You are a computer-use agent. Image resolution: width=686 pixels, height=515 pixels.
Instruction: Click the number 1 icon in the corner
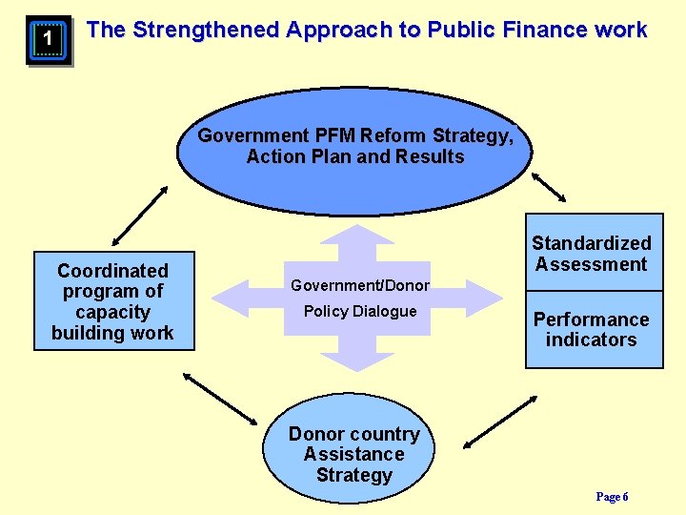click(48, 42)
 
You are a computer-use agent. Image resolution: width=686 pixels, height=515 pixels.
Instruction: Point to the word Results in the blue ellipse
click(429, 156)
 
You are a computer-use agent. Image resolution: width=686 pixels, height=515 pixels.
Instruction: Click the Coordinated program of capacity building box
click(113, 301)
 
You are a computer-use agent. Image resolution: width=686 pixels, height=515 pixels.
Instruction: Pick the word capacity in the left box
click(112, 312)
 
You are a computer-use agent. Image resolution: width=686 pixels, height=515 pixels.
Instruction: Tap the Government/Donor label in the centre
click(360, 285)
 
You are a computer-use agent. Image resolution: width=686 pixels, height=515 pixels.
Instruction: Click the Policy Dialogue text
click(360, 311)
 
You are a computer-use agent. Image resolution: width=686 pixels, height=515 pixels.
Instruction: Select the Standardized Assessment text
click(592, 254)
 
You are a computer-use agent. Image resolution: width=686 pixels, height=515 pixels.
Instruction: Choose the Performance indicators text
click(591, 329)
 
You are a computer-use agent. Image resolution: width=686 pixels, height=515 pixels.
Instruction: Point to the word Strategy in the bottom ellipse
click(353, 475)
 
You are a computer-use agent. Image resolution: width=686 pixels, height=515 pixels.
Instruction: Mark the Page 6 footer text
click(612, 497)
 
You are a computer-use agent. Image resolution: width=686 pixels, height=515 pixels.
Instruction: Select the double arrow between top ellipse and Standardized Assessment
click(549, 187)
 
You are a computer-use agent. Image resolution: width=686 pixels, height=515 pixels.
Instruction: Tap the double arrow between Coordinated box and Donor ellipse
click(220, 398)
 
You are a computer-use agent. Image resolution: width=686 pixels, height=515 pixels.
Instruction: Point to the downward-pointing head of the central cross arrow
click(354, 361)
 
